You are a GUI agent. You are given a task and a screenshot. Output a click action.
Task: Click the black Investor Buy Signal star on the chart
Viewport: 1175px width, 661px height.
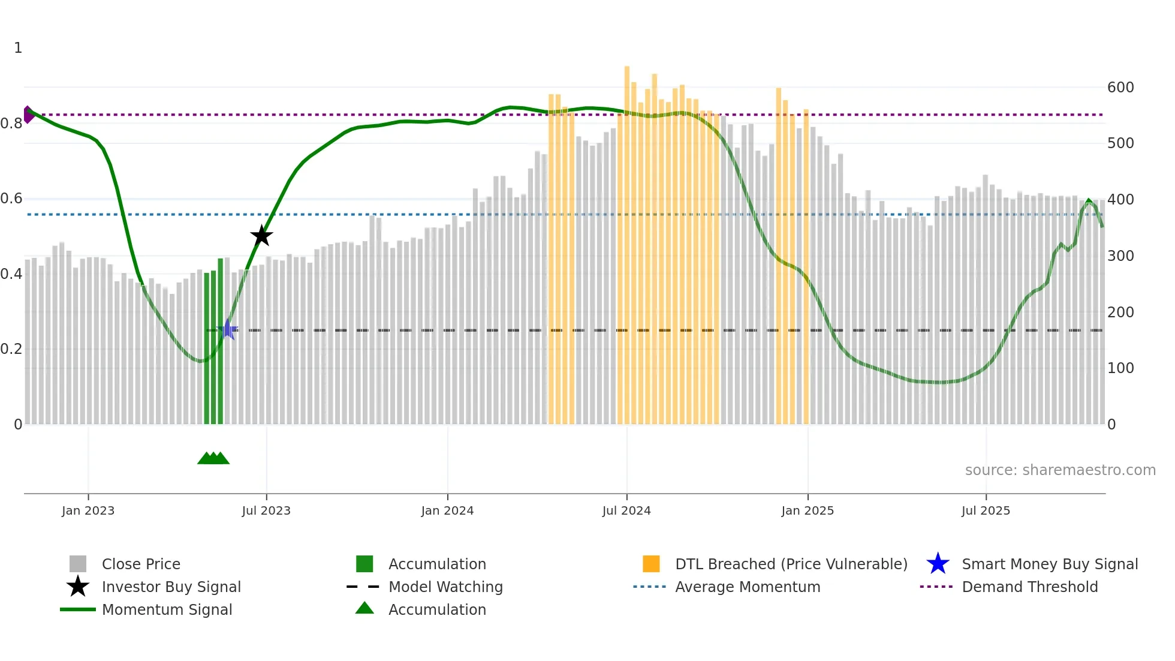point(261,236)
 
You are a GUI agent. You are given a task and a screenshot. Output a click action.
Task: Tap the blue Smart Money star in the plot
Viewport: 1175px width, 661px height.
point(227,329)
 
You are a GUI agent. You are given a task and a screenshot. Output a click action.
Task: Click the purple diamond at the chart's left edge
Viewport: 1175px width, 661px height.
point(28,115)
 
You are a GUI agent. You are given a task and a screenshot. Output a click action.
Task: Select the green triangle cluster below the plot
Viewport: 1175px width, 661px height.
point(213,458)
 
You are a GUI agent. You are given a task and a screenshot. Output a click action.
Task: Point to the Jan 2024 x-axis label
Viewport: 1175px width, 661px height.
point(447,510)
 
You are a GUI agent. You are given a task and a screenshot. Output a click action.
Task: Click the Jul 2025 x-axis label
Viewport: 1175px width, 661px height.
point(986,510)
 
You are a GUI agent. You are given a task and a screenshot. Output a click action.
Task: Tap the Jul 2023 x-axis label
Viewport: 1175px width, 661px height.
point(266,510)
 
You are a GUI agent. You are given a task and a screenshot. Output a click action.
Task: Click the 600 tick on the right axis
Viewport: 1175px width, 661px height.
point(1120,88)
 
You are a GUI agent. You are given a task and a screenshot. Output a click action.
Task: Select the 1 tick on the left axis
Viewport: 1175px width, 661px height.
point(18,48)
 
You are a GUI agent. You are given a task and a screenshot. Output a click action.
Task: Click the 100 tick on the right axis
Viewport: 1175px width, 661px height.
point(1120,368)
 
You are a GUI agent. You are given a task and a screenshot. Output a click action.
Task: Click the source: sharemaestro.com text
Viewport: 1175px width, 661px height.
point(1060,470)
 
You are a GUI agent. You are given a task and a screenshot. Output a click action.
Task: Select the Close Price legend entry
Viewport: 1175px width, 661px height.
point(141,564)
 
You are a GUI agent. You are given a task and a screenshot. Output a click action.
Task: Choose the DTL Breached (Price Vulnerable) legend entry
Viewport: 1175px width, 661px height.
point(791,564)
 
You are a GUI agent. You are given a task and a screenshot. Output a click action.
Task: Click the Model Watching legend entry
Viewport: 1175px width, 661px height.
point(445,587)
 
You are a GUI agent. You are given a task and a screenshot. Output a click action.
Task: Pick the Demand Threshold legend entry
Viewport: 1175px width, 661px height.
point(1029,587)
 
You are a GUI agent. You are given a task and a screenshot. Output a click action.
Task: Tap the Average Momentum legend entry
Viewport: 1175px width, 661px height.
point(747,587)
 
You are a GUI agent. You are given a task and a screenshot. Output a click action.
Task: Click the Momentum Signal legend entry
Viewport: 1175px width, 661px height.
point(167,609)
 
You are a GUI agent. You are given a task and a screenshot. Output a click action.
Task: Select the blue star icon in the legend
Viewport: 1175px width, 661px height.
point(938,564)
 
